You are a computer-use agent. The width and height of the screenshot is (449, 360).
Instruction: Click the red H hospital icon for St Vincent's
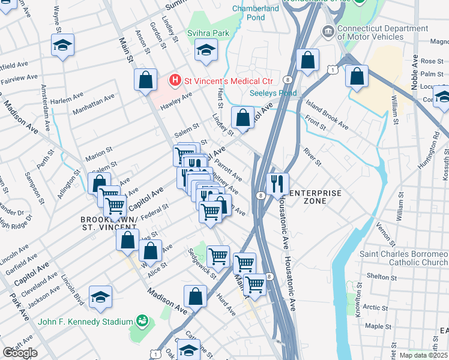(x=175, y=79)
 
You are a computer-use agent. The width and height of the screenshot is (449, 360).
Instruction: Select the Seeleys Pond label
(x=273, y=93)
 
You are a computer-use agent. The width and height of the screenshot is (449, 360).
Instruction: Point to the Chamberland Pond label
(x=256, y=13)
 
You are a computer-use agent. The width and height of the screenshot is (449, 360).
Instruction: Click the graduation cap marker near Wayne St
(x=62, y=46)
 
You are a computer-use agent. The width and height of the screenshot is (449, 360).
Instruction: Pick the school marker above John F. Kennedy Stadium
(x=100, y=297)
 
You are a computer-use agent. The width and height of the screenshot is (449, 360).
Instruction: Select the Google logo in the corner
(x=20, y=352)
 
